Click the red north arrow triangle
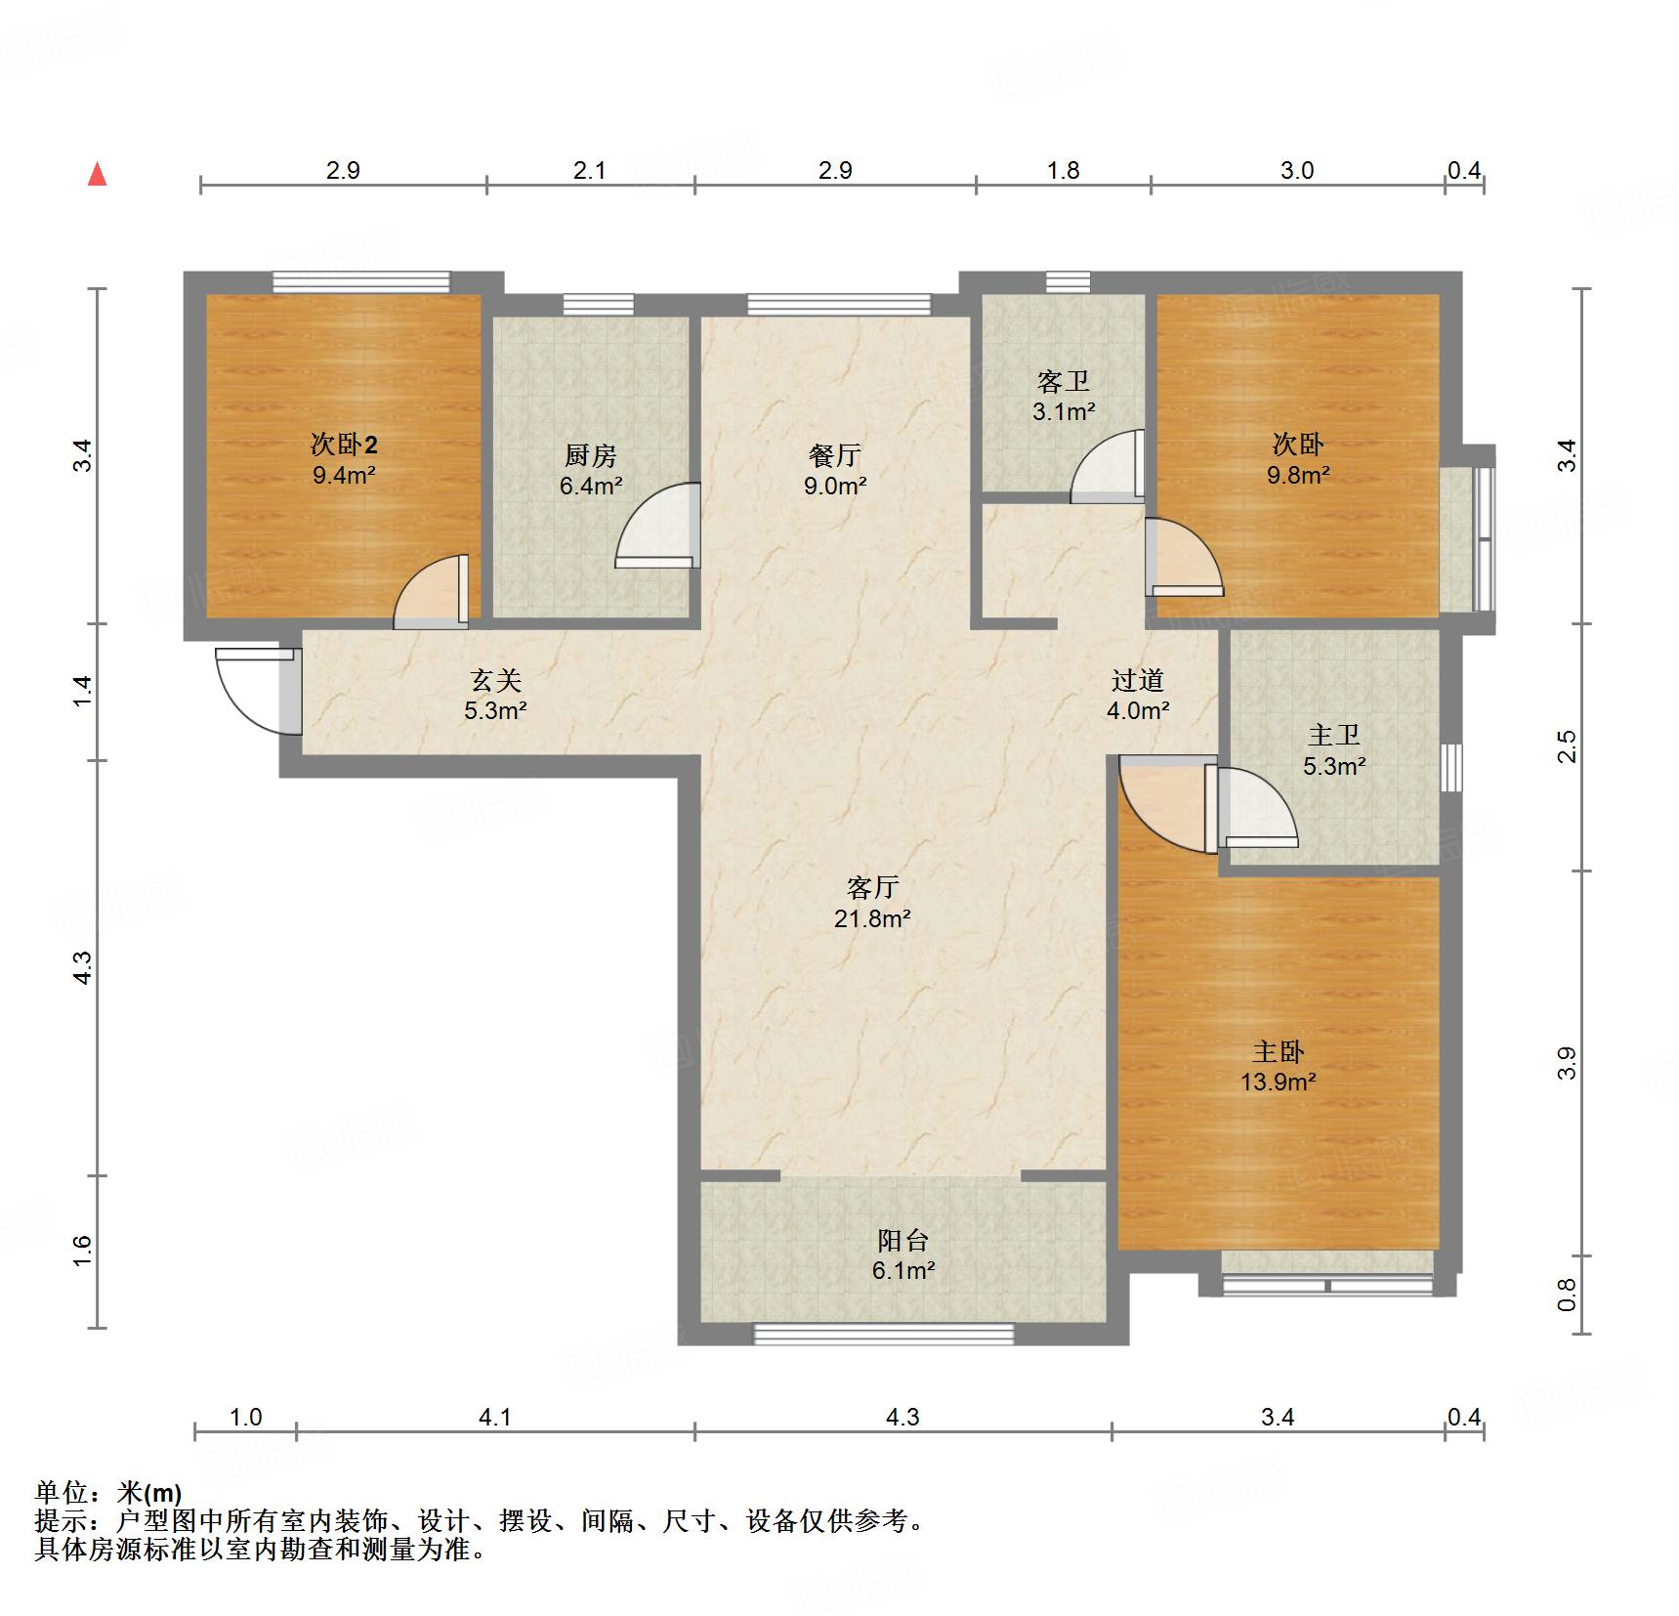pyautogui.click(x=97, y=175)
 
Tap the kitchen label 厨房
pyautogui.click(x=591, y=456)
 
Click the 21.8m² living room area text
pyautogui.click(x=872, y=918)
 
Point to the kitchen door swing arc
pyautogui.click(x=656, y=527)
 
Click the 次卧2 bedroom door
pyautogui.click(x=431, y=593)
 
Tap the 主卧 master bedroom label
pyautogui.click(x=1278, y=1052)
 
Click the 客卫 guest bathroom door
pyautogui.click(x=1109, y=467)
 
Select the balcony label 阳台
pyautogui.click(x=902, y=1241)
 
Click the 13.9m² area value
pyautogui.click(x=1278, y=1083)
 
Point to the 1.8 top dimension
pyautogui.click(x=1063, y=171)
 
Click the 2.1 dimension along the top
pyautogui.click(x=589, y=171)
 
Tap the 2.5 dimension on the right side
pyautogui.click(x=1567, y=747)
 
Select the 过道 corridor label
pyautogui.click(x=1137, y=680)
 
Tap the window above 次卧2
pyautogui.click(x=360, y=282)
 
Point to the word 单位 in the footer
pyautogui.click(x=63, y=1493)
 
